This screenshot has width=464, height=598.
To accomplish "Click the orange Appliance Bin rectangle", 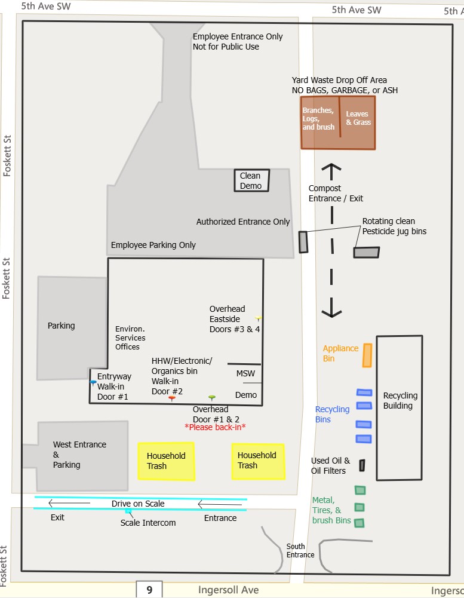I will coord(367,355).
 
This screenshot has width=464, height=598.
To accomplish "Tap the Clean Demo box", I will coord(251,180).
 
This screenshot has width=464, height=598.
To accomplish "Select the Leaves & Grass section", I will coord(358,122).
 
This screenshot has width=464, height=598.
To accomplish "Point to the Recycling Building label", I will coord(400,400).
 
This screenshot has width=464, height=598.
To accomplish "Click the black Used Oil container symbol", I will coord(362,465).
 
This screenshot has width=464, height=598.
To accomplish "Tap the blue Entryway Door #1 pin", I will coord(93,382).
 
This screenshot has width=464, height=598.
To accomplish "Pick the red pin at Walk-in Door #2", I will coord(172,398).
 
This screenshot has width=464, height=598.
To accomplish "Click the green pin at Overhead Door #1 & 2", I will coord(211,397).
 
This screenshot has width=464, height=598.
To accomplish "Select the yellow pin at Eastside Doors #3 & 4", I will coord(258,318).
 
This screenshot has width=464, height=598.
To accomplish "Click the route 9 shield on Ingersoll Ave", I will coord(149,590).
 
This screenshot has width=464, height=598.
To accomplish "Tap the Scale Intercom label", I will coord(148,523).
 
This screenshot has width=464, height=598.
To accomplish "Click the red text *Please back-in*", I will coord(216,427).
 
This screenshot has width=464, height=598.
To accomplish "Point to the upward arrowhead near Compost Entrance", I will coord(331,168).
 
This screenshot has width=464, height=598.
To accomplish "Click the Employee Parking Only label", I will coord(153,245).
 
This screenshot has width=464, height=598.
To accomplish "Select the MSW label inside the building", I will coord(245,373).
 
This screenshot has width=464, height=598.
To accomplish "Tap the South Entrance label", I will coord(300,550).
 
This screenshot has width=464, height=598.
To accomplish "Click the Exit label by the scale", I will coord(57,517).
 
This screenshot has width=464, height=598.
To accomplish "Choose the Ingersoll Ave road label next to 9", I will coord(229,590).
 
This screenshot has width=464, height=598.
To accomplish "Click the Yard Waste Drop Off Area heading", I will coord(339,80).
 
